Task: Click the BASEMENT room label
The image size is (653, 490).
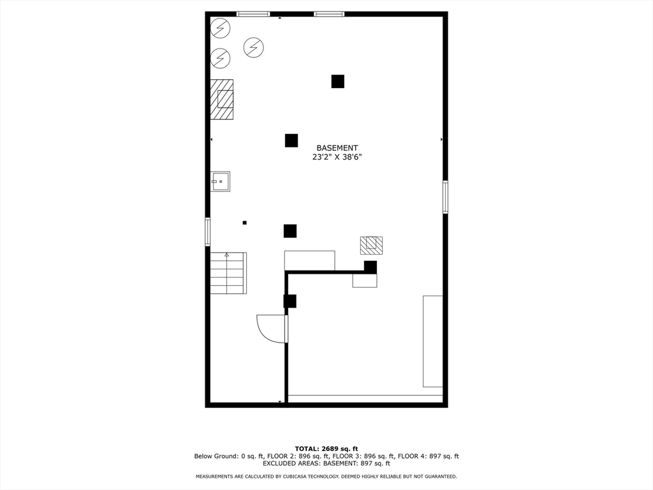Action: (337, 148)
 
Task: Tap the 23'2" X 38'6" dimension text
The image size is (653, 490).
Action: (337, 157)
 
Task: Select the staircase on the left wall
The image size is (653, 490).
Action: (228, 273)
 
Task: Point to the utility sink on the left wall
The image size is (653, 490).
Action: (220, 182)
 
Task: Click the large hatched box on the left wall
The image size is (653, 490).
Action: (221, 100)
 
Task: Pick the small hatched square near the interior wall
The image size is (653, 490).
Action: (372, 246)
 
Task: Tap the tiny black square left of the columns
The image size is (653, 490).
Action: (244, 223)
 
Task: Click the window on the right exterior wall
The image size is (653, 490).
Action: (445, 197)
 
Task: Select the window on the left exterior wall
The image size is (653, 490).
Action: (207, 232)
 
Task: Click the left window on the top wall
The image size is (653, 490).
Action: (253, 14)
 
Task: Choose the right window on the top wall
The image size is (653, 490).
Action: (329, 14)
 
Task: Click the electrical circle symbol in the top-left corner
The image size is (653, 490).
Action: (220, 28)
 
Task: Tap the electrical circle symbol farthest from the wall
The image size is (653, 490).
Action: (254, 47)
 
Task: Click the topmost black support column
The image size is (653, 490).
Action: (338, 81)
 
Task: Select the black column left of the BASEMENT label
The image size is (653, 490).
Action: (291, 140)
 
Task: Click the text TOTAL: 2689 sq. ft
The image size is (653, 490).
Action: (326, 449)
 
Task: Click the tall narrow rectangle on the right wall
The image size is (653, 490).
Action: (433, 341)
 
